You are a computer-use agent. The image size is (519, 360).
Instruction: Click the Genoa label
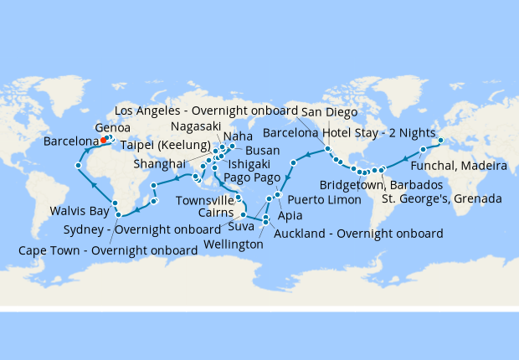112,127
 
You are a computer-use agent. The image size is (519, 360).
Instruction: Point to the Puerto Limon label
324,200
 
